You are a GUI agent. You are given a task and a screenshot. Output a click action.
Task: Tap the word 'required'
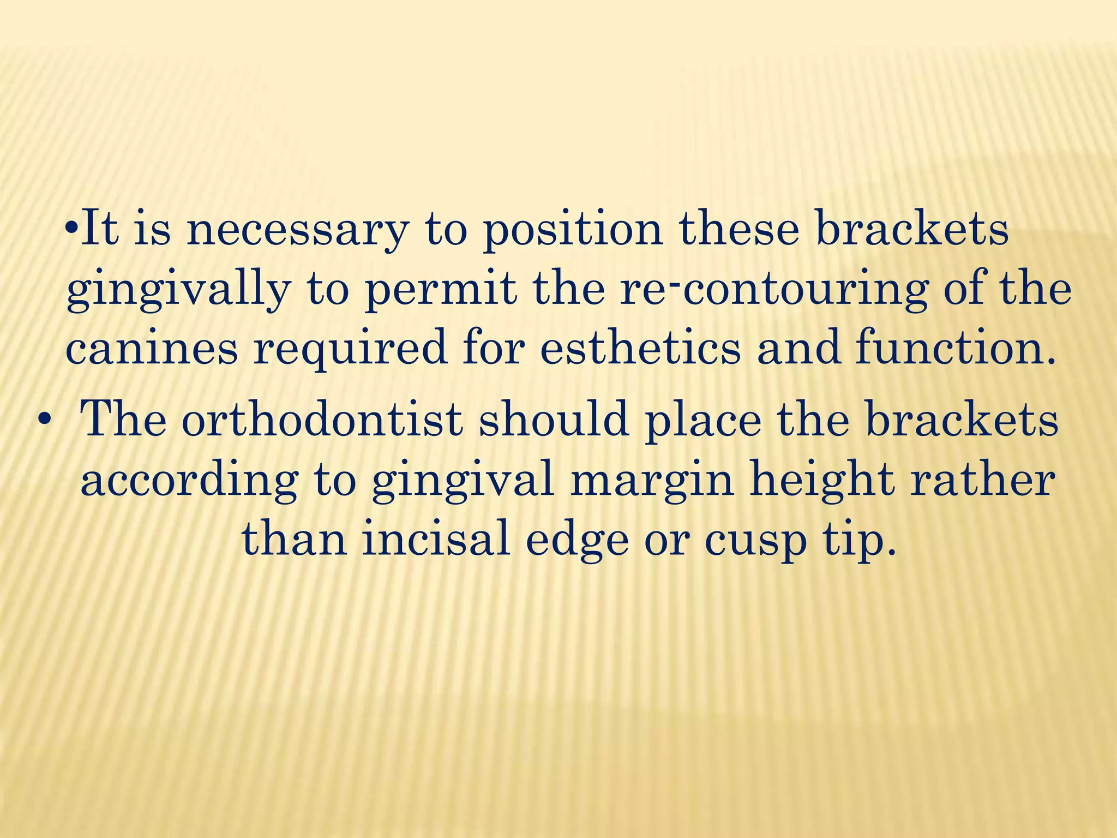pyautogui.click(x=350, y=350)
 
